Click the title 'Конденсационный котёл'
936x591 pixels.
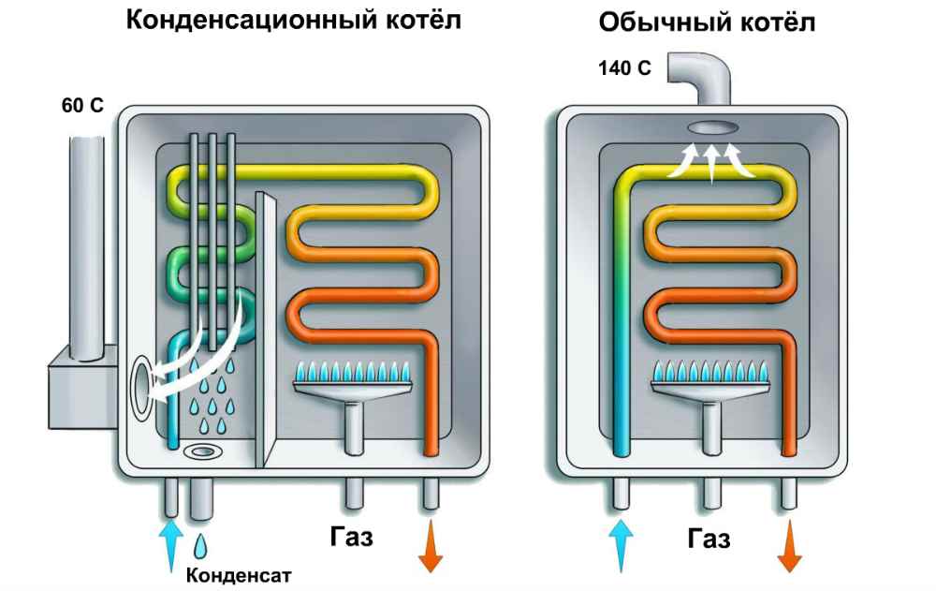[294, 20]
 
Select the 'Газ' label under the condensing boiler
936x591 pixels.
[352, 538]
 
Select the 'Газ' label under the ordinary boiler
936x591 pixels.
[709, 539]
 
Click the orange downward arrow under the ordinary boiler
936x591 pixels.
[789, 546]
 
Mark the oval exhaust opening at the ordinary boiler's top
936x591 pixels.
[712, 127]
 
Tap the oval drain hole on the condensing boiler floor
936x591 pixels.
[201, 452]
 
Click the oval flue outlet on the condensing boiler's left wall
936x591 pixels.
[142, 387]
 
